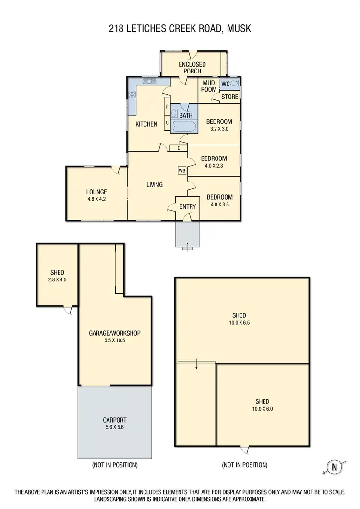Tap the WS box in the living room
click(182, 170)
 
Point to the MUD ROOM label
click(209, 86)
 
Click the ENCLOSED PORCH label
click(192, 68)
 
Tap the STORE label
click(229, 97)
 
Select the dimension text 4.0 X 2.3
click(214, 166)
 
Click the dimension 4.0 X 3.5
click(219, 204)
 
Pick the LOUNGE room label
click(96, 192)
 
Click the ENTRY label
click(187, 207)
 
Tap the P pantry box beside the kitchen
click(167, 107)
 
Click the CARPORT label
click(115, 420)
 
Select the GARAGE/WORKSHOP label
click(115, 333)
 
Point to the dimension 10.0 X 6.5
click(239, 323)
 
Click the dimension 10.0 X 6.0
click(263, 409)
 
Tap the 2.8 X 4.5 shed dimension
click(57, 279)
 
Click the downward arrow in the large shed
click(196, 367)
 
